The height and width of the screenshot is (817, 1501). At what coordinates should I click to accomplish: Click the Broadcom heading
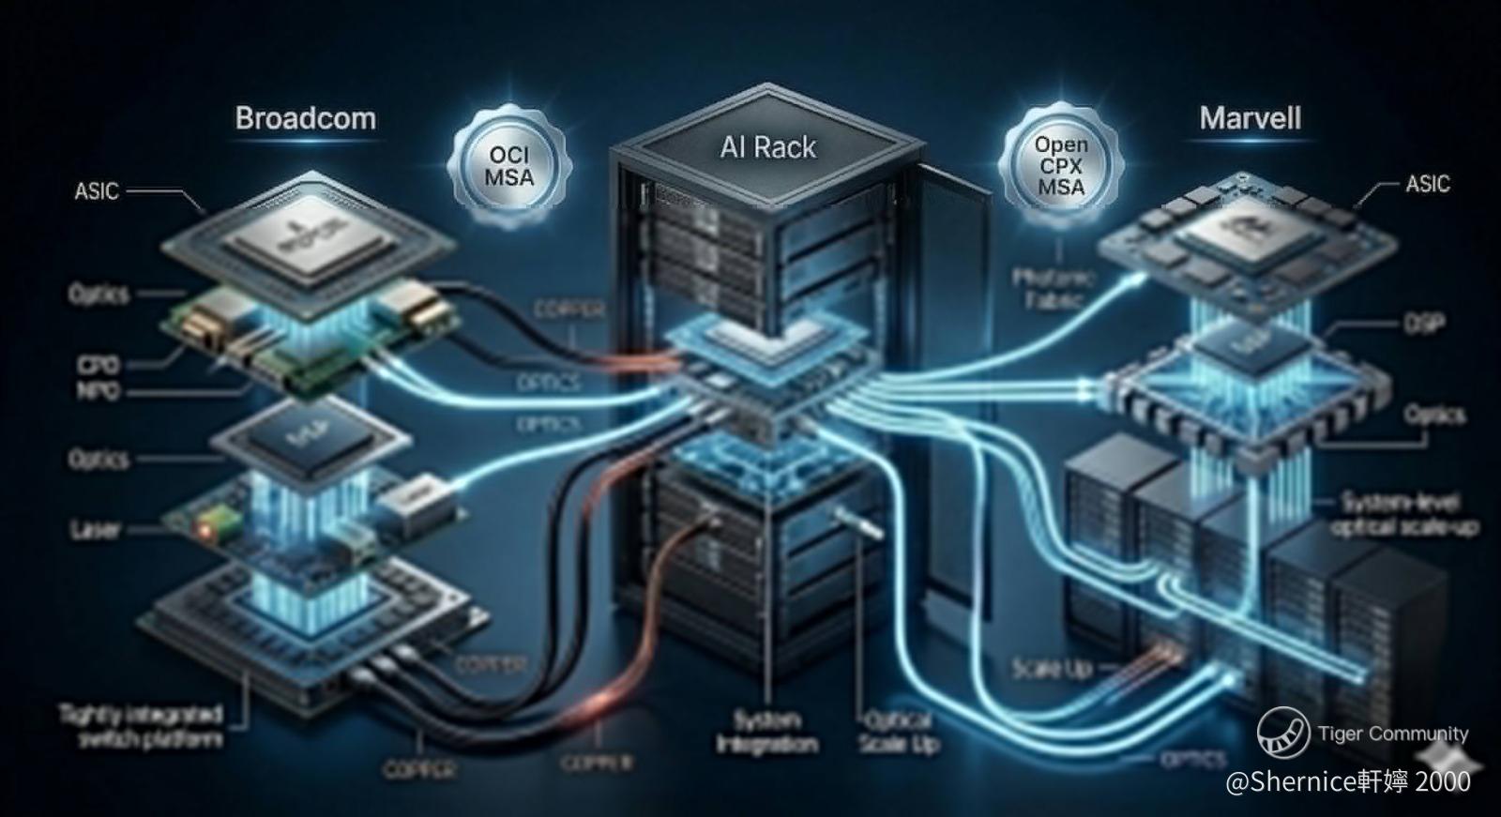point(305,118)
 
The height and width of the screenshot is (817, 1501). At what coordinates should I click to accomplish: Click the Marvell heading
point(1250,118)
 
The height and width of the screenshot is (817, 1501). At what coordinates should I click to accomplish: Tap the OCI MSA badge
point(509,166)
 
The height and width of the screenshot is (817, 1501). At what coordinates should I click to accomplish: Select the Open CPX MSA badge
point(1060,166)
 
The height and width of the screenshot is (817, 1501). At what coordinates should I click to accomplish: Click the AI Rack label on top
point(767,147)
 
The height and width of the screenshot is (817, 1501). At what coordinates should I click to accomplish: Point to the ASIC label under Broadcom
point(97,191)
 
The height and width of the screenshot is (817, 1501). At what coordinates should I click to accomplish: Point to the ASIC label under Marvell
point(1427,184)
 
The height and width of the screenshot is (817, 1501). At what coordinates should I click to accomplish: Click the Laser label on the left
point(96,530)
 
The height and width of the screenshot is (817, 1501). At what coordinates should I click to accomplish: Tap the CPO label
point(98,365)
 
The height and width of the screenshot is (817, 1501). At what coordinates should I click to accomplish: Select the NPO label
point(98,390)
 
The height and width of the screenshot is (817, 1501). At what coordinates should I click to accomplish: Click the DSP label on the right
point(1424,324)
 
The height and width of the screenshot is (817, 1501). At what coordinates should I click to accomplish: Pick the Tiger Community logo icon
point(1282,732)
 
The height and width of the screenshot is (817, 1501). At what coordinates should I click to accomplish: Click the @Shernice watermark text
point(1347,781)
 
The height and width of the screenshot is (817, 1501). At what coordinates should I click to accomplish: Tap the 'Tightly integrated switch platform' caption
point(142,727)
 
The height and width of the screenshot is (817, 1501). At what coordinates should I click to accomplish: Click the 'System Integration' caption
point(766,733)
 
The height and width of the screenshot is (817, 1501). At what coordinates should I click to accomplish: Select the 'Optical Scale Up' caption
point(897,733)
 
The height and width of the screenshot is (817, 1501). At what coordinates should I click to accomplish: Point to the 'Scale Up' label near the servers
point(1052,668)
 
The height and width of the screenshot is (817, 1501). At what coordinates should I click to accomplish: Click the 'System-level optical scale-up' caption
point(1403,514)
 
